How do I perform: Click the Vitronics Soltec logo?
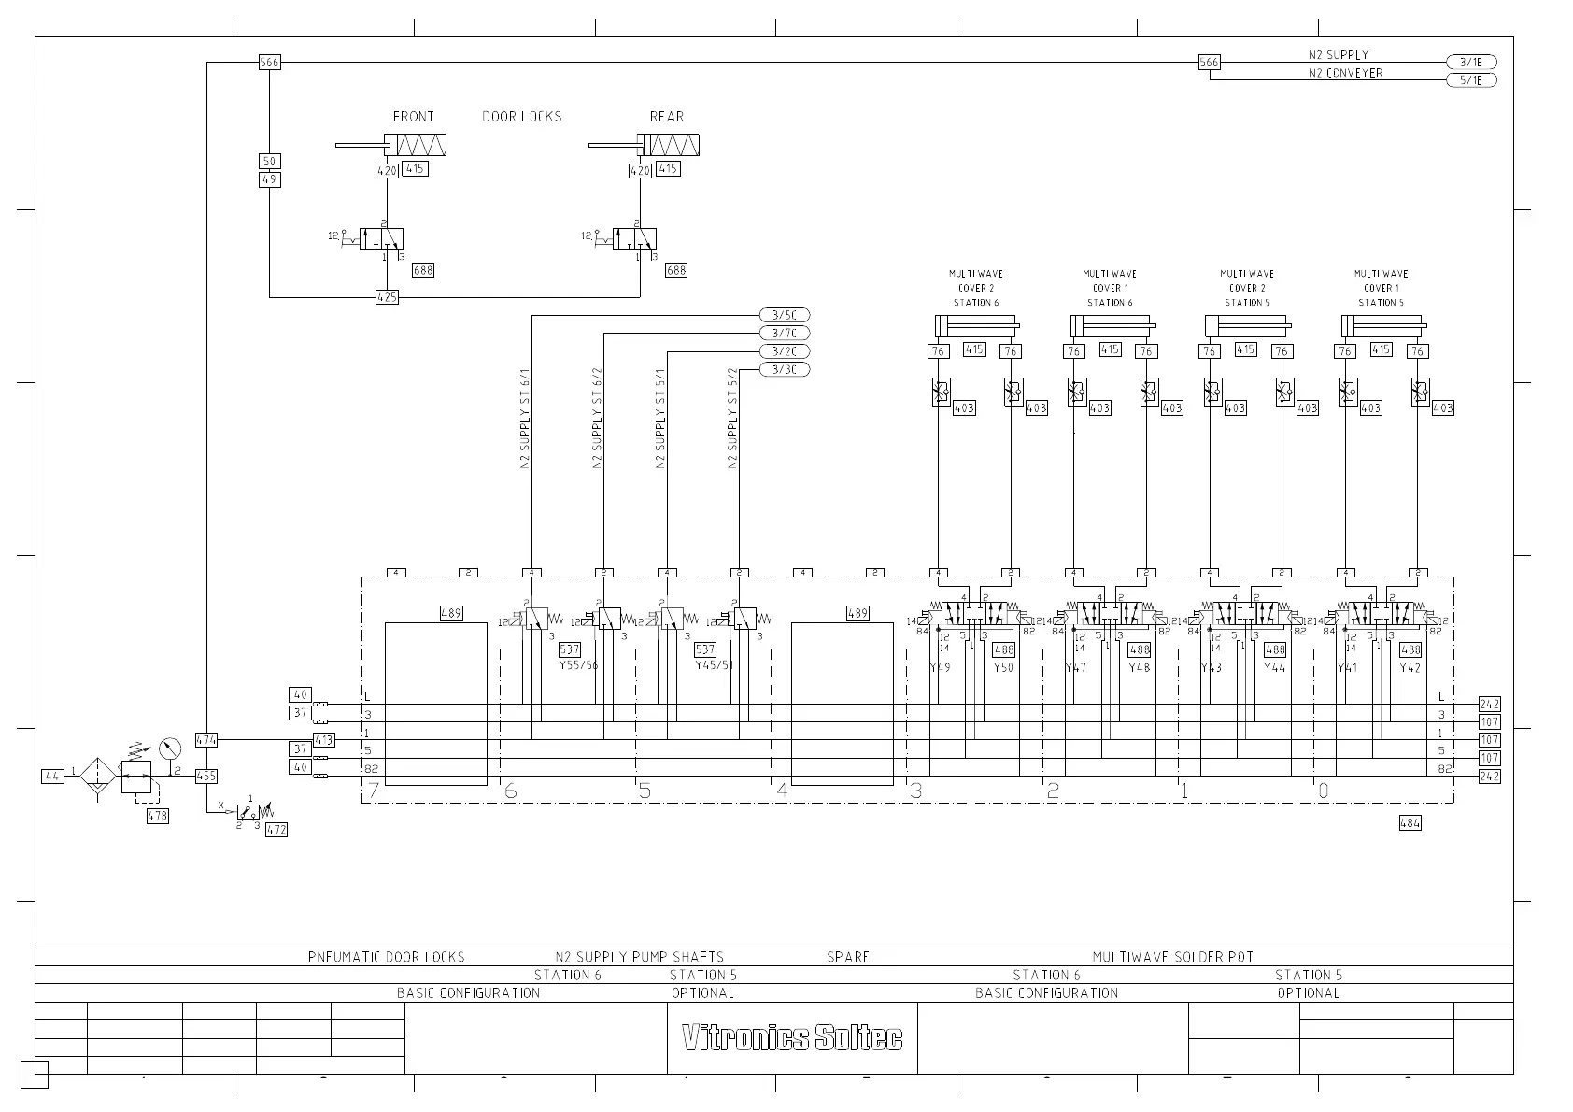(792, 1037)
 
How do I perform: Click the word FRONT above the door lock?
(413, 117)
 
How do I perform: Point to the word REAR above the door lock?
(667, 117)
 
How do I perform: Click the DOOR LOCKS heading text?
(522, 117)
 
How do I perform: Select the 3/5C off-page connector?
(785, 315)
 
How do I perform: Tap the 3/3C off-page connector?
(785, 369)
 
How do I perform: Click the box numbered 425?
(387, 297)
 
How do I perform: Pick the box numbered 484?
(1410, 823)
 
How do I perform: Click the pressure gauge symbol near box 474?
(169, 748)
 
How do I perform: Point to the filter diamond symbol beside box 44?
(97, 776)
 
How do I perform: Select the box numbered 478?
(158, 816)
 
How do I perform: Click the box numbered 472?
(276, 829)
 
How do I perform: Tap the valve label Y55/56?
(578, 665)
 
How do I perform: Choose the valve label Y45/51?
(716, 665)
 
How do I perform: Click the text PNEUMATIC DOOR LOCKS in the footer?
(386, 957)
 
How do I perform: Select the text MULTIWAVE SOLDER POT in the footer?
(1173, 957)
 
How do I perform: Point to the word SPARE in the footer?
(848, 957)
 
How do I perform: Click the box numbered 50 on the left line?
(269, 162)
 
